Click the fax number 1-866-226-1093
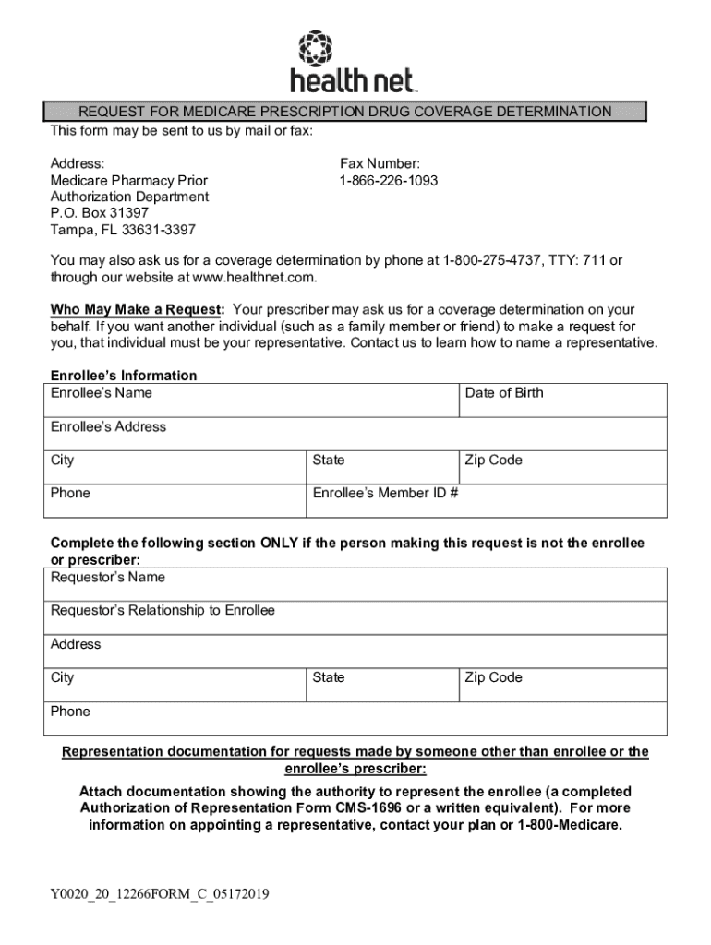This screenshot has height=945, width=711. pyautogui.click(x=389, y=181)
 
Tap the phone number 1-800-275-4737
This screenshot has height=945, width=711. pyautogui.click(x=492, y=261)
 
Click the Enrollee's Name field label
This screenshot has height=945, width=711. pyautogui.click(x=102, y=393)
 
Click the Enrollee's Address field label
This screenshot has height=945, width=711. pyautogui.click(x=109, y=427)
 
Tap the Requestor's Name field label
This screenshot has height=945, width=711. pyautogui.click(x=108, y=578)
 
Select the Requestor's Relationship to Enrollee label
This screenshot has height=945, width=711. pyautogui.click(x=163, y=611)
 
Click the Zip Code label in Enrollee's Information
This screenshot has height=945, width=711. pyautogui.click(x=494, y=461)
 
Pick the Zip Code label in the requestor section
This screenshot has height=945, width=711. pyautogui.click(x=494, y=678)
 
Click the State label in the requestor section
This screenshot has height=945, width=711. pyautogui.click(x=329, y=678)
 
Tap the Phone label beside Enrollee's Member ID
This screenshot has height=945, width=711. pyautogui.click(x=71, y=494)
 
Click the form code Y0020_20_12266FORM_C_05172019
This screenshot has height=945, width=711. pyautogui.click(x=160, y=894)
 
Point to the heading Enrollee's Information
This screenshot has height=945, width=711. pyautogui.click(x=124, y=376)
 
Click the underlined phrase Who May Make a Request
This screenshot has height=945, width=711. pyautogui.click(x=137, y=310)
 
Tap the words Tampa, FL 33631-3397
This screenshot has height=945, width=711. pyautogui.click(x=124, y=230)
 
